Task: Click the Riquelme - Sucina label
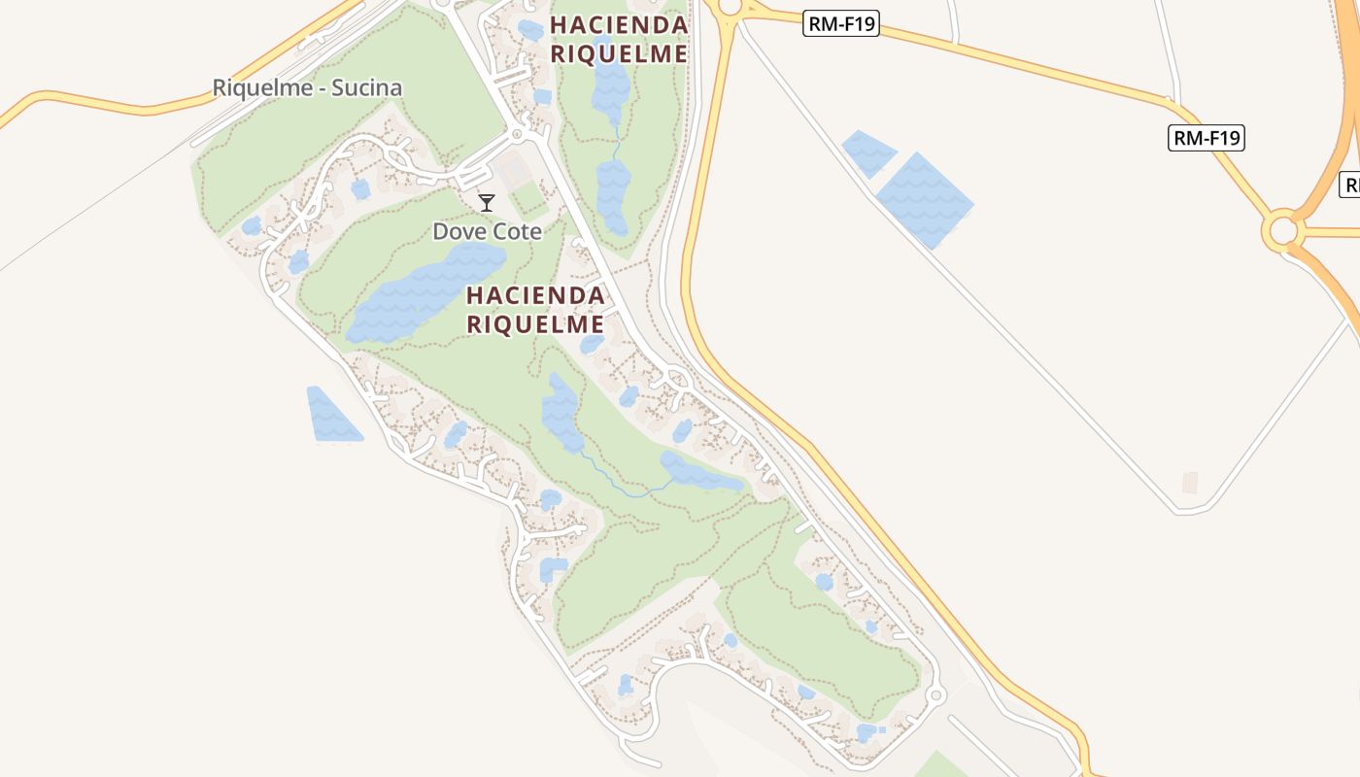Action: click(x=307, y=88)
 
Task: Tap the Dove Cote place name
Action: click(x=487, y=231)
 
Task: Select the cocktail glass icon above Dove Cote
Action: click(x=487, y=203)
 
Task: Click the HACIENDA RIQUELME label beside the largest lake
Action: click(x=535, y=309)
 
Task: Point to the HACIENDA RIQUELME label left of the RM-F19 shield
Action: click(x=619, y=39)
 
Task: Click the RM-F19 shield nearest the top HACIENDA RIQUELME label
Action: click(x=841, y=24)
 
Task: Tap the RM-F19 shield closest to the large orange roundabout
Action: click(x=1206, y=138)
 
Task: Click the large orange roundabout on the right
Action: click(x=1283, y=231)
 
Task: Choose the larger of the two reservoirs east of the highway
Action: click(x=924, y=200)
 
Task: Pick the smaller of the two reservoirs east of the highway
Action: click(x=868, y=152)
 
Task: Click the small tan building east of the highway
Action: click(x=1189, y=483)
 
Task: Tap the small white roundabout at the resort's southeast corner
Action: click(x=935, y=695)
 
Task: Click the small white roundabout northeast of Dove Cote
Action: click(x=517, y=133)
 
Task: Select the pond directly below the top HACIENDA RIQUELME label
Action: click(x=611, y=87)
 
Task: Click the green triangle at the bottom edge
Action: click(x=938, y=765)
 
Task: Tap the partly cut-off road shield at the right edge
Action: click(x=1350, y=185)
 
